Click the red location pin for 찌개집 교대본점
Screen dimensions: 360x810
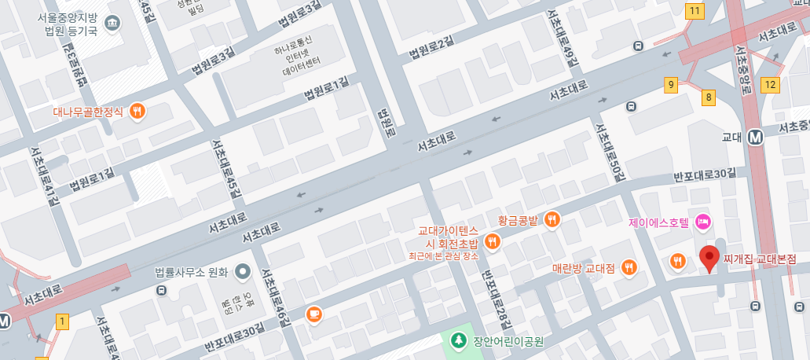(710, 259)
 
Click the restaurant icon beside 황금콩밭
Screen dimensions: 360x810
(552, 219)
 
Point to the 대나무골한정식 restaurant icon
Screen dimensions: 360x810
(138, 111)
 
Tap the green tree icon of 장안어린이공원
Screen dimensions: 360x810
(458, 341)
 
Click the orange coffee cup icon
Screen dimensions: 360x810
(313, 314)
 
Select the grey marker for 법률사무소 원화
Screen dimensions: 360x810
(243, 272)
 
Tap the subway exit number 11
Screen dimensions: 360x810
(694, 11)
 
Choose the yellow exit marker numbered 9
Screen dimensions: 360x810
(671, 84)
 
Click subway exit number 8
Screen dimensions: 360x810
(709, 97)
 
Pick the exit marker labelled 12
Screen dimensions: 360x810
(770, 84)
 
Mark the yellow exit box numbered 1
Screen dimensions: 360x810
(63, 321)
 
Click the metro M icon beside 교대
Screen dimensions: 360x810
(757, 136)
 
